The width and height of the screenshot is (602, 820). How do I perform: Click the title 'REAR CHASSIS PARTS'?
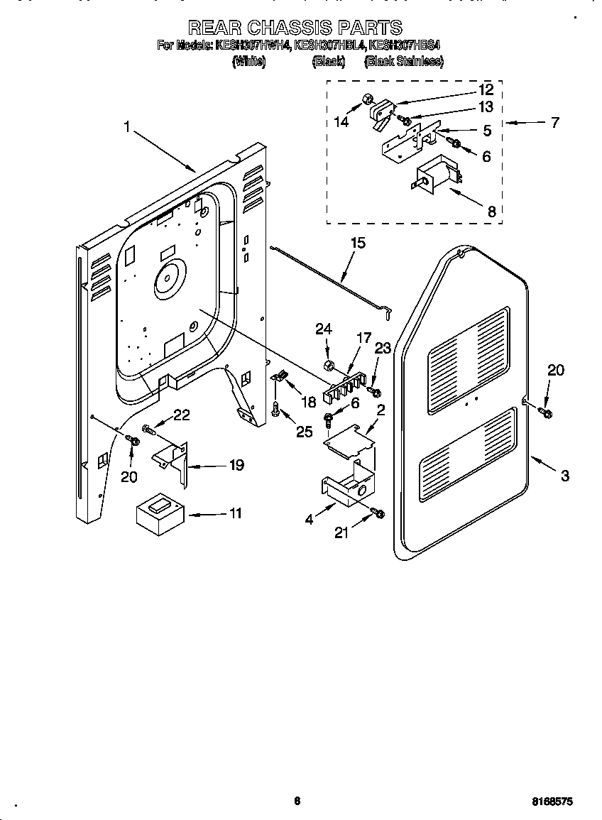[295, 28]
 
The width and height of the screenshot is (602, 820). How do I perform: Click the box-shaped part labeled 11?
[160, 515]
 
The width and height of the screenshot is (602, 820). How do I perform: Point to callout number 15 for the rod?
[358, 244]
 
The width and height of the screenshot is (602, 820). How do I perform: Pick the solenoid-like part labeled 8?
[434, 177]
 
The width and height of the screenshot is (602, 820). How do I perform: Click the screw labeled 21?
[378, 513]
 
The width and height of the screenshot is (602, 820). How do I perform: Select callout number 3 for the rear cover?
[564, 476]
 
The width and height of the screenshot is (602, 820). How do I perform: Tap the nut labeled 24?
[329, 366]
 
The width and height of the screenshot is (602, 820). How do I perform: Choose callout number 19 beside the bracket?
[236, 466]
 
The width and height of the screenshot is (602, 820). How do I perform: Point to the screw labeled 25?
[275, 408]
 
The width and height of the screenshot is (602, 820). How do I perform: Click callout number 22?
[182, 415]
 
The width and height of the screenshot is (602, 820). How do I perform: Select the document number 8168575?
[552, 801]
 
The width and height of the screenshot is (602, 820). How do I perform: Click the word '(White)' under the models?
[248, 62]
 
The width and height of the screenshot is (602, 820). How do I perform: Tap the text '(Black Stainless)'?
[403, 62]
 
